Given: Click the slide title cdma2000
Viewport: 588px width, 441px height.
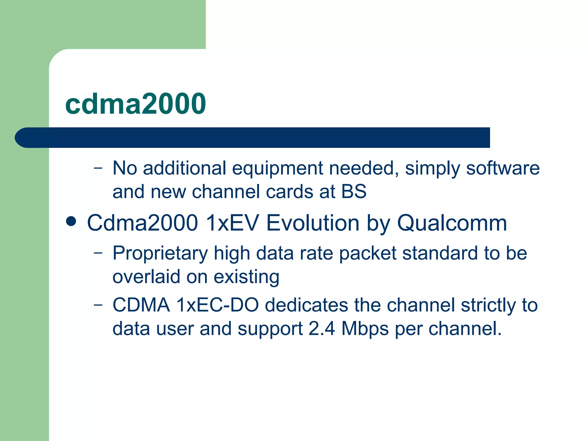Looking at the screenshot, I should (x=135, y=104).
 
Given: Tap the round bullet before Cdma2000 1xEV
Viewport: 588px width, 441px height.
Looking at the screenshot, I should (x=71, y=222).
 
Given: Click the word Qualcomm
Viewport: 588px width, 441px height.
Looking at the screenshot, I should (x=452, y=223).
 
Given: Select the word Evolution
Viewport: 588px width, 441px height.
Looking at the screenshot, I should (x=313, y=223).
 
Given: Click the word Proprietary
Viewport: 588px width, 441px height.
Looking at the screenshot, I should (x=160, y=254).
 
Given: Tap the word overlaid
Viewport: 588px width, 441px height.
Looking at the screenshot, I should (x=146, y=277).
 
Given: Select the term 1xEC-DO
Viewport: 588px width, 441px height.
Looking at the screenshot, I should (x=217, y=305).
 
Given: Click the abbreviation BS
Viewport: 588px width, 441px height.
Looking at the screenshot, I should (x=354, y=192).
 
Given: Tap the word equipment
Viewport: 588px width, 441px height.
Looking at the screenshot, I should (x=277, y=169).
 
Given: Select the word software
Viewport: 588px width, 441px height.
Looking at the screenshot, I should (x=503, y=168).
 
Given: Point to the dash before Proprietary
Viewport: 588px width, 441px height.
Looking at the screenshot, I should (x=98, y=253).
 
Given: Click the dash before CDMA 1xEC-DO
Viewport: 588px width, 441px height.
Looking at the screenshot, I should (x=98, y=305).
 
